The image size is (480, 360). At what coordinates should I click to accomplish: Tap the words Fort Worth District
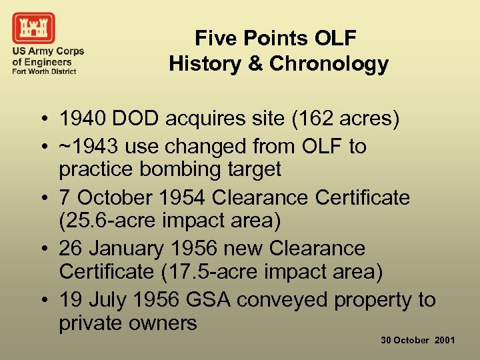pos(44,71)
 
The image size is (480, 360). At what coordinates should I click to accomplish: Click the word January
pos(126,249)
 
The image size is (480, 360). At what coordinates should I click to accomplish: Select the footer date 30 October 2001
pos(418,340)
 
